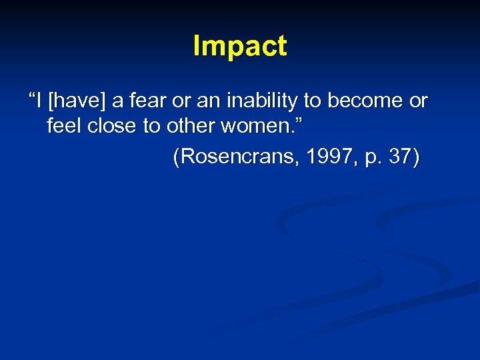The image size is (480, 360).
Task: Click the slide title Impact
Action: [x=240, y=47]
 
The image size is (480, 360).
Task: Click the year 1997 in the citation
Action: [x=320, y=157]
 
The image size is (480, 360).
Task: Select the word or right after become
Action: [x=419, y=101]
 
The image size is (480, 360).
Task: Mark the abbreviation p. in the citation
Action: [x=370, y=159]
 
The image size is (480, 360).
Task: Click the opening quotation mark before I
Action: [x=31, y=97]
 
